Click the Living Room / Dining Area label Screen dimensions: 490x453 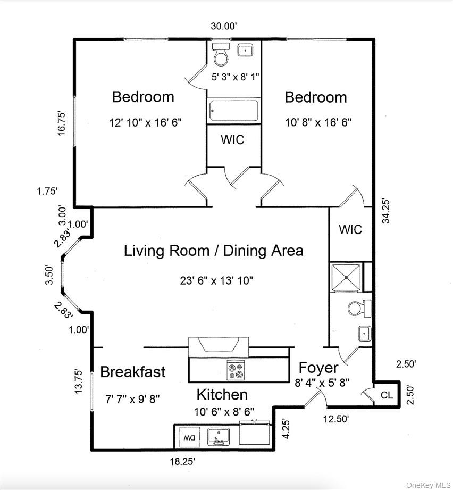213,251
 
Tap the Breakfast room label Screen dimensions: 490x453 133,372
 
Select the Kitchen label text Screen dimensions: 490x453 222,395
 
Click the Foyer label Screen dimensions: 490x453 318,368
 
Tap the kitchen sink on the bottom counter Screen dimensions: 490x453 219,436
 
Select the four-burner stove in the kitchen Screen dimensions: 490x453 236,370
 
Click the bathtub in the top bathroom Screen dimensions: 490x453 234,111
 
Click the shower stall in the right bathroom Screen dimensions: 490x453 346,278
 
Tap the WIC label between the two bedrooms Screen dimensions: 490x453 233,140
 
